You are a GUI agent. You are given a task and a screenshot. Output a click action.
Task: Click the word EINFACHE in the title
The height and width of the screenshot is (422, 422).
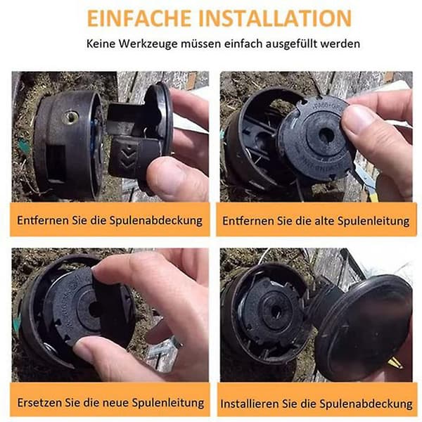139,18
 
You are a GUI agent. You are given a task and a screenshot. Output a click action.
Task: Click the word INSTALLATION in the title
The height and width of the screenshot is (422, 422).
275,18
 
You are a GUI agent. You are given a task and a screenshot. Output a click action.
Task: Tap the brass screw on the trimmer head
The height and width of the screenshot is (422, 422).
71,117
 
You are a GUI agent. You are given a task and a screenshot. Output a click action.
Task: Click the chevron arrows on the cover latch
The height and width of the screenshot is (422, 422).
128,157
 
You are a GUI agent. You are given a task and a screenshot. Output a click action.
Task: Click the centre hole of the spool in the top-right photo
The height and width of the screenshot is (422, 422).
326,135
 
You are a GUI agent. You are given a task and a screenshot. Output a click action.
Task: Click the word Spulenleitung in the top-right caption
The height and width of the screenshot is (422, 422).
373,221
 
